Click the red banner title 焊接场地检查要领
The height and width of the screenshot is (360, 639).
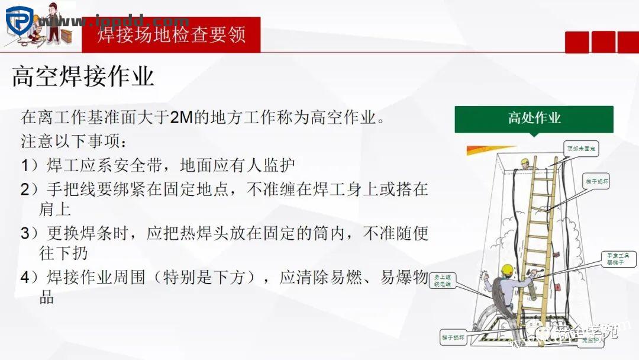(x=171, y=34)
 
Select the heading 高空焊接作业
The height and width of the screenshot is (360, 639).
(x=83, y=77)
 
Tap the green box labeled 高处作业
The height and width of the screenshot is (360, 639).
(x=534, y=118)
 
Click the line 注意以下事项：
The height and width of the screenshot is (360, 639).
(x=74, y=142)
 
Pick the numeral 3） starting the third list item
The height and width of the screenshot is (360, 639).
(x=30, y=233)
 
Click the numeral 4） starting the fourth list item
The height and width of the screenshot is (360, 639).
(x=30, y=277)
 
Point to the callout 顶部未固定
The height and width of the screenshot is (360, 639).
(x=581, y=148)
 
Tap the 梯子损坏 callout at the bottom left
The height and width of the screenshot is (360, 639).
(x=453, y=337)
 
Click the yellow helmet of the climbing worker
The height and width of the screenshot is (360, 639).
(x=506, y=269)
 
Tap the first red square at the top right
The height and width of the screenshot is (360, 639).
(x=577, y=42)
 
